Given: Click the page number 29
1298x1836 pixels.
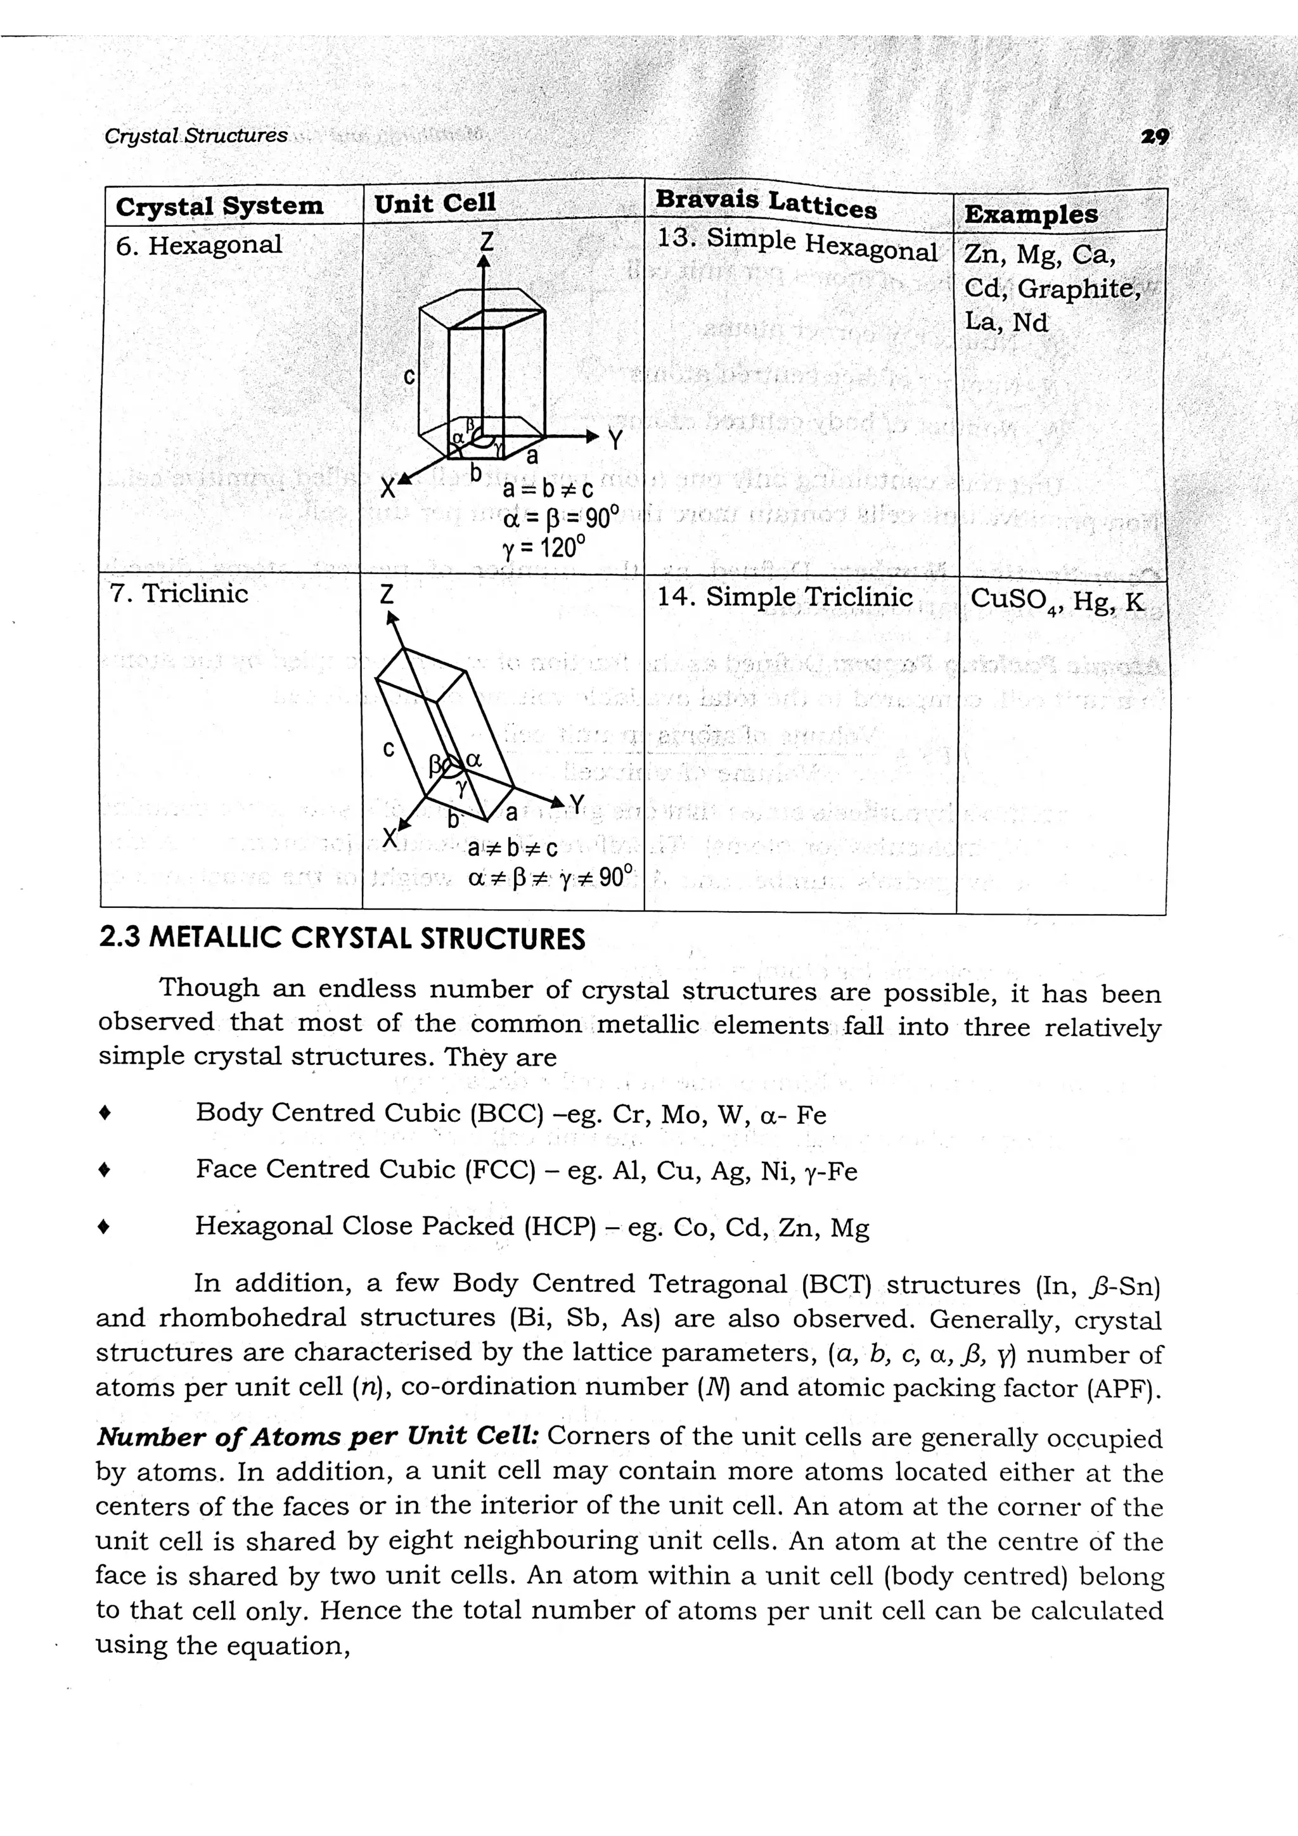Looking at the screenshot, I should pyautogui.click(x=1155, y=137).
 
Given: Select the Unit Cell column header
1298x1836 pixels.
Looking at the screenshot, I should pyautogui.click(x=435, y=203).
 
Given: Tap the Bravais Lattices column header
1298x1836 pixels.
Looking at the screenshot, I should pyautogui.click(x=766, y=203).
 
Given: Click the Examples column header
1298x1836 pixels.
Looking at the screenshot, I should pyautogui.click(x=1031, y=214).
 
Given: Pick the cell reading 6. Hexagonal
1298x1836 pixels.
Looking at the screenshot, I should pyautogui.click(x=199, y=245).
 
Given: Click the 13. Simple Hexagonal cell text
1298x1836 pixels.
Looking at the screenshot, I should pyautogui.click(x=796, y=244).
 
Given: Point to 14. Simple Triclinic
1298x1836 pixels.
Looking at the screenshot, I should pyautogui.click(x=785, y=597).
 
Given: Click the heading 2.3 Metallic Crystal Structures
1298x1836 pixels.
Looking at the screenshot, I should pyautogui.click(x=342, y=938).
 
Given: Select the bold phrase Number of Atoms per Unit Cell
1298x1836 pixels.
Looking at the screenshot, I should pyautogui.click(x=317, y=1436).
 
